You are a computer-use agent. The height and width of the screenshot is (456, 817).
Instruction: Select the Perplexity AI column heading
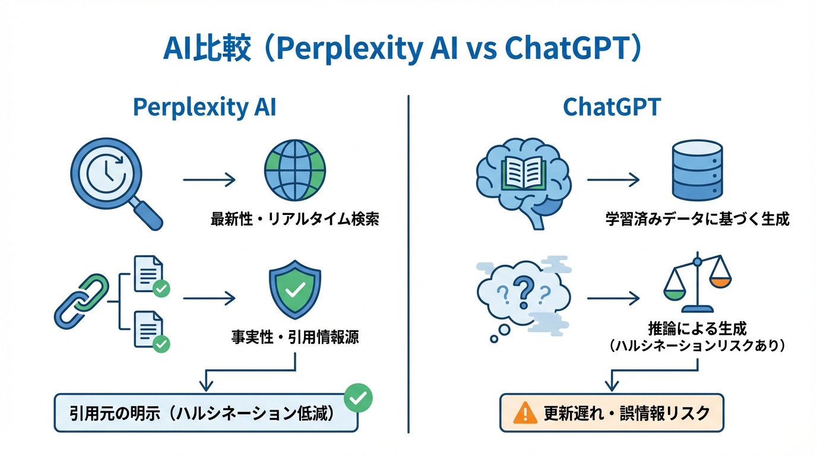[204, 107]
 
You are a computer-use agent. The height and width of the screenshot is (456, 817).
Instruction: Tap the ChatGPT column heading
[612, 107]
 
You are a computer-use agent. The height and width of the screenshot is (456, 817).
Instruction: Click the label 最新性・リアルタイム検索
[295, 219]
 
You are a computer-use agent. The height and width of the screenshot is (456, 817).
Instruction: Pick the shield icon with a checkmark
[295, 290]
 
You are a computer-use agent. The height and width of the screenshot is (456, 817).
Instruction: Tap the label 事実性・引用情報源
[295, 337]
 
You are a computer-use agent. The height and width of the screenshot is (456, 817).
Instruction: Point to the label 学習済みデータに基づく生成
[697, 219]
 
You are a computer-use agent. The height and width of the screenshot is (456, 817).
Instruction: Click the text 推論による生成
[697, 328]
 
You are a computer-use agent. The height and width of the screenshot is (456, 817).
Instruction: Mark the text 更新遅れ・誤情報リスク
[626, 413]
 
